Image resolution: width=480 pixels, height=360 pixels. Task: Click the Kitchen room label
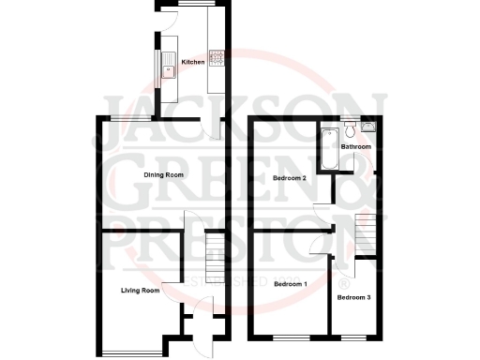tap(192, 62)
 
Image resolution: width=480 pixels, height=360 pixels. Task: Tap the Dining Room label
tap(163, 175)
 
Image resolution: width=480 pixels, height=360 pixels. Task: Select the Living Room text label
tap(140, 291)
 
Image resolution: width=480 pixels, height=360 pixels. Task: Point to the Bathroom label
tap(355, 147)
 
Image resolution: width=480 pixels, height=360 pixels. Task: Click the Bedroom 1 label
tap(291, 284)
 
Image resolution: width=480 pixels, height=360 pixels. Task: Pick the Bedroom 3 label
tap(354, 297)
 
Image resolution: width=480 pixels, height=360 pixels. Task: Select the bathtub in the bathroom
tap(325, 148)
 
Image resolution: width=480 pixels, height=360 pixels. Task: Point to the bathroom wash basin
tap(368, 123)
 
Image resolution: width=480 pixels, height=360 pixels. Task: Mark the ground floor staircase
tap(215, 247)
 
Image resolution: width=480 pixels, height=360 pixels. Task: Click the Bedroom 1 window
tap(290, 336)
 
